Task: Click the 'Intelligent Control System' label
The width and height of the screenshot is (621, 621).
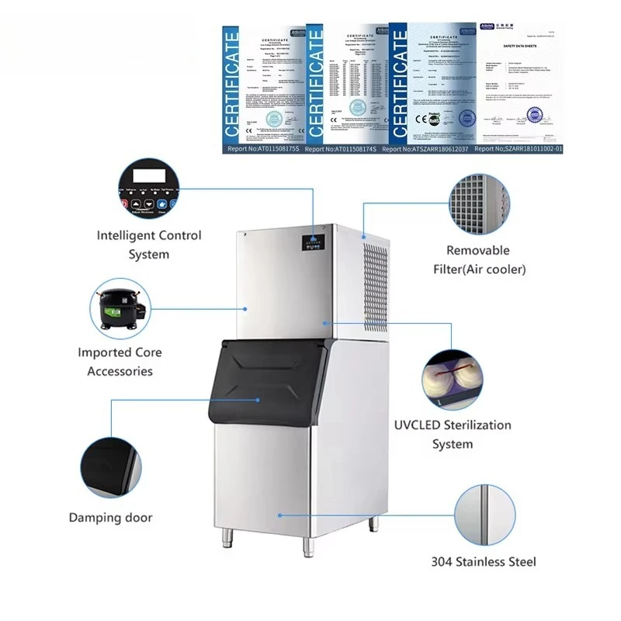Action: click(x=149, y=245)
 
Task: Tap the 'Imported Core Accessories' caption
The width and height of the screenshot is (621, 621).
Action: click(x=120, y=362)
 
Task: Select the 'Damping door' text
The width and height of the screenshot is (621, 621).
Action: click(x=111, y=517)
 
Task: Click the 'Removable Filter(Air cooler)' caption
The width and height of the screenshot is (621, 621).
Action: click(x=478, y=260)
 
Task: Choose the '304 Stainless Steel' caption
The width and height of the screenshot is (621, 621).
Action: click(x=484, y=562)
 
